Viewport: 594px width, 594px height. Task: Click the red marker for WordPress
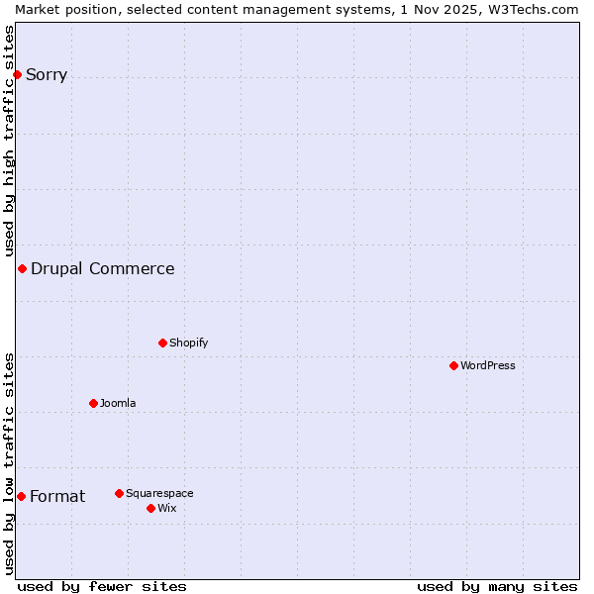pos(453,365)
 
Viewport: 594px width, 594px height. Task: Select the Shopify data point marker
pos(162,343)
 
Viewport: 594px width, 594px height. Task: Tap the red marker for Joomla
pos(93,403)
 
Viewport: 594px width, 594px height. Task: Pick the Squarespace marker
pos(119,493)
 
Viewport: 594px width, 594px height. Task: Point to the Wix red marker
pos(150,508)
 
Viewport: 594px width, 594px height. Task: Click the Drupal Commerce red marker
pos(22,268)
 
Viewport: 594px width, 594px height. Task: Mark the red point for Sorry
pos(17,74)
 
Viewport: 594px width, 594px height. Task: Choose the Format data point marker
pos(21,496)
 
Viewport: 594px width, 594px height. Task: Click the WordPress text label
pos(488,365)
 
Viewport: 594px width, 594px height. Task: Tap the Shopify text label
pos(188,343)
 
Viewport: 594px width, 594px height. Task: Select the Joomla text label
pos(118,403)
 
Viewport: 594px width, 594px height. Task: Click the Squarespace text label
pos(159,493)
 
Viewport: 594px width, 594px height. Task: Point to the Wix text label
pos(167,508)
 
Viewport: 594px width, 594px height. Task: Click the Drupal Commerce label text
pos(103,268)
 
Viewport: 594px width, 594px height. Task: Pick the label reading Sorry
pos(47,74)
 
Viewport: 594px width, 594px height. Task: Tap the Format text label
pos(57,496)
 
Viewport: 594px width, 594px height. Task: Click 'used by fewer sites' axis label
pos(102,586)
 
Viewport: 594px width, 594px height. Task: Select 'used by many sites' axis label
pos(497,586)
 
